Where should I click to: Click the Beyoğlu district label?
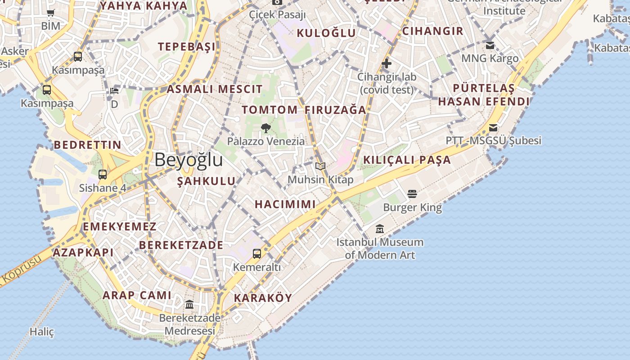(189, 160)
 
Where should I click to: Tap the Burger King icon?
(412, 194)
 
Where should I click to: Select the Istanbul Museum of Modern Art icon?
(380, 229)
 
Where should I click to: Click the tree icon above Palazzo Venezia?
(265, 128)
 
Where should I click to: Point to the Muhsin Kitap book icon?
(320, 166)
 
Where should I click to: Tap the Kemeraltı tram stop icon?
(256, 254)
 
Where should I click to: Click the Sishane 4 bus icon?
(103, 175)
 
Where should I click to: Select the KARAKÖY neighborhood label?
(263, 298)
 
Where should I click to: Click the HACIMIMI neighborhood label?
(285, 204)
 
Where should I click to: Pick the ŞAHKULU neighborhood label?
(206, 181)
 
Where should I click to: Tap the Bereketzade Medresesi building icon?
(189, 305)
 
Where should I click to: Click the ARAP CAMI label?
(137, 295)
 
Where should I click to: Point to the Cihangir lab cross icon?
(386, 63)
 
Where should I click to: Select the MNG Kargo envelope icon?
(490, 45)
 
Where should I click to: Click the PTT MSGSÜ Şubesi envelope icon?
(493, 128)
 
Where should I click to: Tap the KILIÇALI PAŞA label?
(407, 160)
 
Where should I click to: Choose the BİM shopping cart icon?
(50, 13)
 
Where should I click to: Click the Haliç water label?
(42, 332)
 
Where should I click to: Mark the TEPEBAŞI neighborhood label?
(186, 47)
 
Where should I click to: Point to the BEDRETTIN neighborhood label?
(87, 145)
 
